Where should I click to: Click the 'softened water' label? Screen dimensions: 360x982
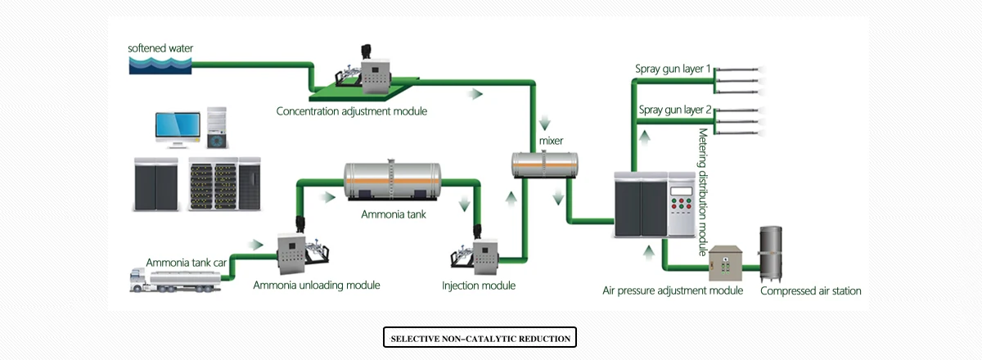[x=161, y=47]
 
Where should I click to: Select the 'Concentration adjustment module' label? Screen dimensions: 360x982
[x=351, y=110]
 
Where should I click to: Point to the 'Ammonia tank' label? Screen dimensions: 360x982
[x=394, y=214]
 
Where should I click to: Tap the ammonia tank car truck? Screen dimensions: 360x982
[x=175, y=281]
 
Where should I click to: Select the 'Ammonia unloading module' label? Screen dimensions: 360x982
[x=317, y=286]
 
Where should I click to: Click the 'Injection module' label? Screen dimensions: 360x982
[x=479, y=286]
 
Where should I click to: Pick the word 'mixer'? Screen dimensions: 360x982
[x=551, y=141]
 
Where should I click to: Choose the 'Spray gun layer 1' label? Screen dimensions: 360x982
[x=673, y=69]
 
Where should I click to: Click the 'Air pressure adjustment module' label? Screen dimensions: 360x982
[x=673, y=290]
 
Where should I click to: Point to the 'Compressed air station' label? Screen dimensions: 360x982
[x=810, y=290]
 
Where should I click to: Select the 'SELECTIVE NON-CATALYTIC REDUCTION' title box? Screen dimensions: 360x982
[x=480, y=337]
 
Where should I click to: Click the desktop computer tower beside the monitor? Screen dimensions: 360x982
[x=217, y=128]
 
